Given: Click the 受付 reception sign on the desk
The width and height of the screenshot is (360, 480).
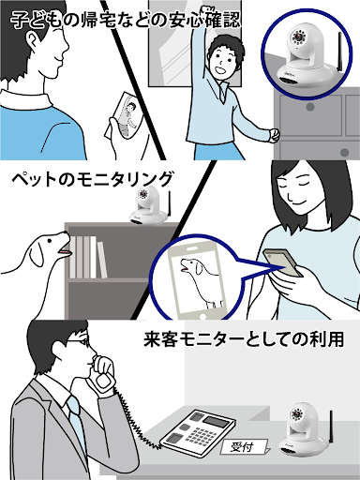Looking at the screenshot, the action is [244, 447].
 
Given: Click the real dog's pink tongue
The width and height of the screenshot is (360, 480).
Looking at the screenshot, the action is [66, 251].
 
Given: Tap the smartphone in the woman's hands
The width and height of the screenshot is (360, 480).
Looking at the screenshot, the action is [282, 262].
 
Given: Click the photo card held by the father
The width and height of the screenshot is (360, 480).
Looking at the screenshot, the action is [125, 115].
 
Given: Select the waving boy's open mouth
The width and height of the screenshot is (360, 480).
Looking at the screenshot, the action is [221, 70].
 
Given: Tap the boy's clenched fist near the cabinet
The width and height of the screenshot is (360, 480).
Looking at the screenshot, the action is [275, 135].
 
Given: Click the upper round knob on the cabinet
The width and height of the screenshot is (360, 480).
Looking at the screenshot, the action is [310, 107].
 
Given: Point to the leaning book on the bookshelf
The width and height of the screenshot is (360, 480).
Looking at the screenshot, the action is [102, 260].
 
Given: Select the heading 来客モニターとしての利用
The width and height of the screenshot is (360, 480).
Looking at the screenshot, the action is [244, 338].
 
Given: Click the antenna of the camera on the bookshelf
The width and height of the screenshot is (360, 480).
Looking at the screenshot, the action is [170, 203].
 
